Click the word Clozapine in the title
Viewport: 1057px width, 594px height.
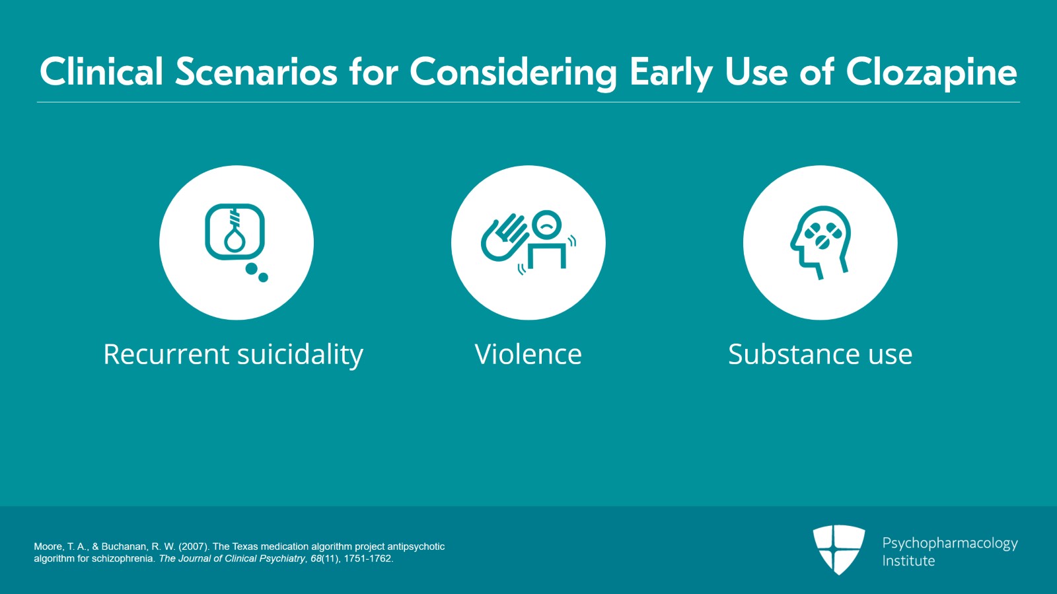pyautogui.click(x=931, y=72)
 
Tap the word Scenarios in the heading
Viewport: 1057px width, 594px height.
pyautogui.click(x=256, y=72)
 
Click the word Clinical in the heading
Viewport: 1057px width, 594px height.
pyautogui.click(x=101, y=72)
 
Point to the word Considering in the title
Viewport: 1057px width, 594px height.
pyautogui.click(x=513, y=72)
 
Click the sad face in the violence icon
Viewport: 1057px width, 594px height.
pyautogui.click(x=546, y=225)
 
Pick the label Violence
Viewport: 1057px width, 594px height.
pyautogui.click(x=528, y=355)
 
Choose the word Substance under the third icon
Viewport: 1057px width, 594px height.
pyautogui.click(x=794, y=355)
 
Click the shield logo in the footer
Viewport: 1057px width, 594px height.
pyautogui.click(x=838, y=549)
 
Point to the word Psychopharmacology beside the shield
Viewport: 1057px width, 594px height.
pyautogui.click(x=949, y=543)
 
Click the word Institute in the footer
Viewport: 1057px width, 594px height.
pyautogui.click(x=908, y=561)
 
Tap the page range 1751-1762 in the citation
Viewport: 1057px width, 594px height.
pyautogui.click(x=368, y=558)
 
